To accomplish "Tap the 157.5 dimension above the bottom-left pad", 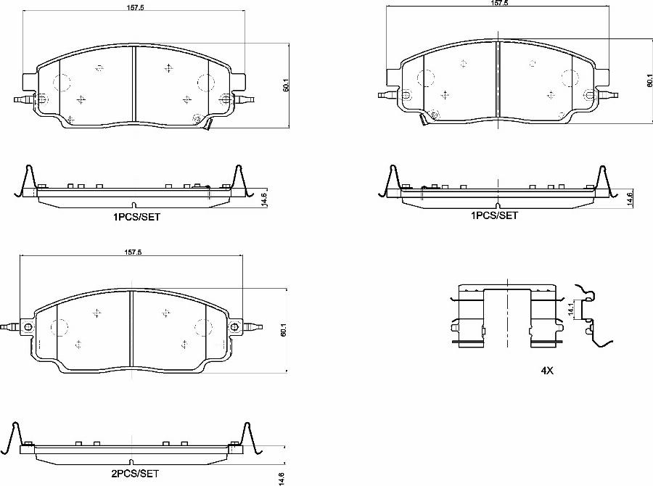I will (x=131, y=252).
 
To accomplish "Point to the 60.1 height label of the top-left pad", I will (x=287, y=85).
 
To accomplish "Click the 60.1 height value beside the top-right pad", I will (x=648, y=83).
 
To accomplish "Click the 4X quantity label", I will (x=546, y=370).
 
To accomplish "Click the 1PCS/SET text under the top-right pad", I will (x=495, y=215).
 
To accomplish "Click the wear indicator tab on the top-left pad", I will (x=207, y=125).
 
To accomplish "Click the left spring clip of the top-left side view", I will (x=25, y=181).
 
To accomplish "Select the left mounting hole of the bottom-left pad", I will (x=28, y=327).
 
